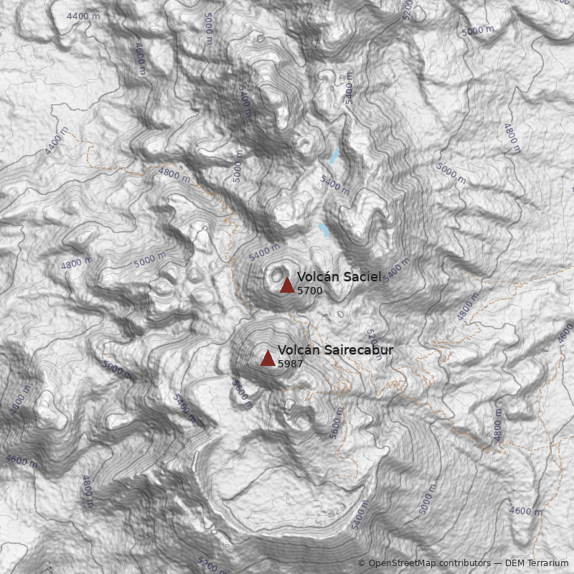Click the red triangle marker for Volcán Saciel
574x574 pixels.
coord(287,285)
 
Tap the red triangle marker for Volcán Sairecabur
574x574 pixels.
coord(268,358)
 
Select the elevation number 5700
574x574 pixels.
coord(309,291)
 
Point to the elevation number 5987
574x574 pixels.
coord(290,364)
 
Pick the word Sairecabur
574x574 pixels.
coord(359,350)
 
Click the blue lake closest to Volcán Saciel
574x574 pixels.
coord(324,230)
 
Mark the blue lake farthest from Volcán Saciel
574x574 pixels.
coord(334,155)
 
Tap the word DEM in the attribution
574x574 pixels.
coord(516,563)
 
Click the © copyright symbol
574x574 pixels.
coord(362,563)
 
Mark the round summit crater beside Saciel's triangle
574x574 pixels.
coord(276,273)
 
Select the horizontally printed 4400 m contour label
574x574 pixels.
coord(84,15)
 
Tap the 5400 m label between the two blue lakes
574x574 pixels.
coord(334,185)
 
